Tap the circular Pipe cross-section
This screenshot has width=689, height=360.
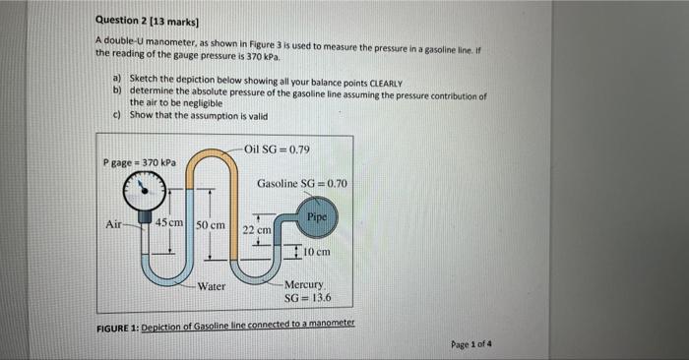tap(316, 214)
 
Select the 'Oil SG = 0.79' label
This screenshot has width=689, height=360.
tap(277, 150)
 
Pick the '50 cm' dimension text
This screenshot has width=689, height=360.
tap(211, 225)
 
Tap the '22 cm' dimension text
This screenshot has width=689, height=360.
tap(257, 229)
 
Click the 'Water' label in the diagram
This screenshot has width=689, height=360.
tap(212, 286)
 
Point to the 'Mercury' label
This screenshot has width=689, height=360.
tap(303, 284)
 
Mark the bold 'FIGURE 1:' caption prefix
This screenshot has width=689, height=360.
tap(118, 326)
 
